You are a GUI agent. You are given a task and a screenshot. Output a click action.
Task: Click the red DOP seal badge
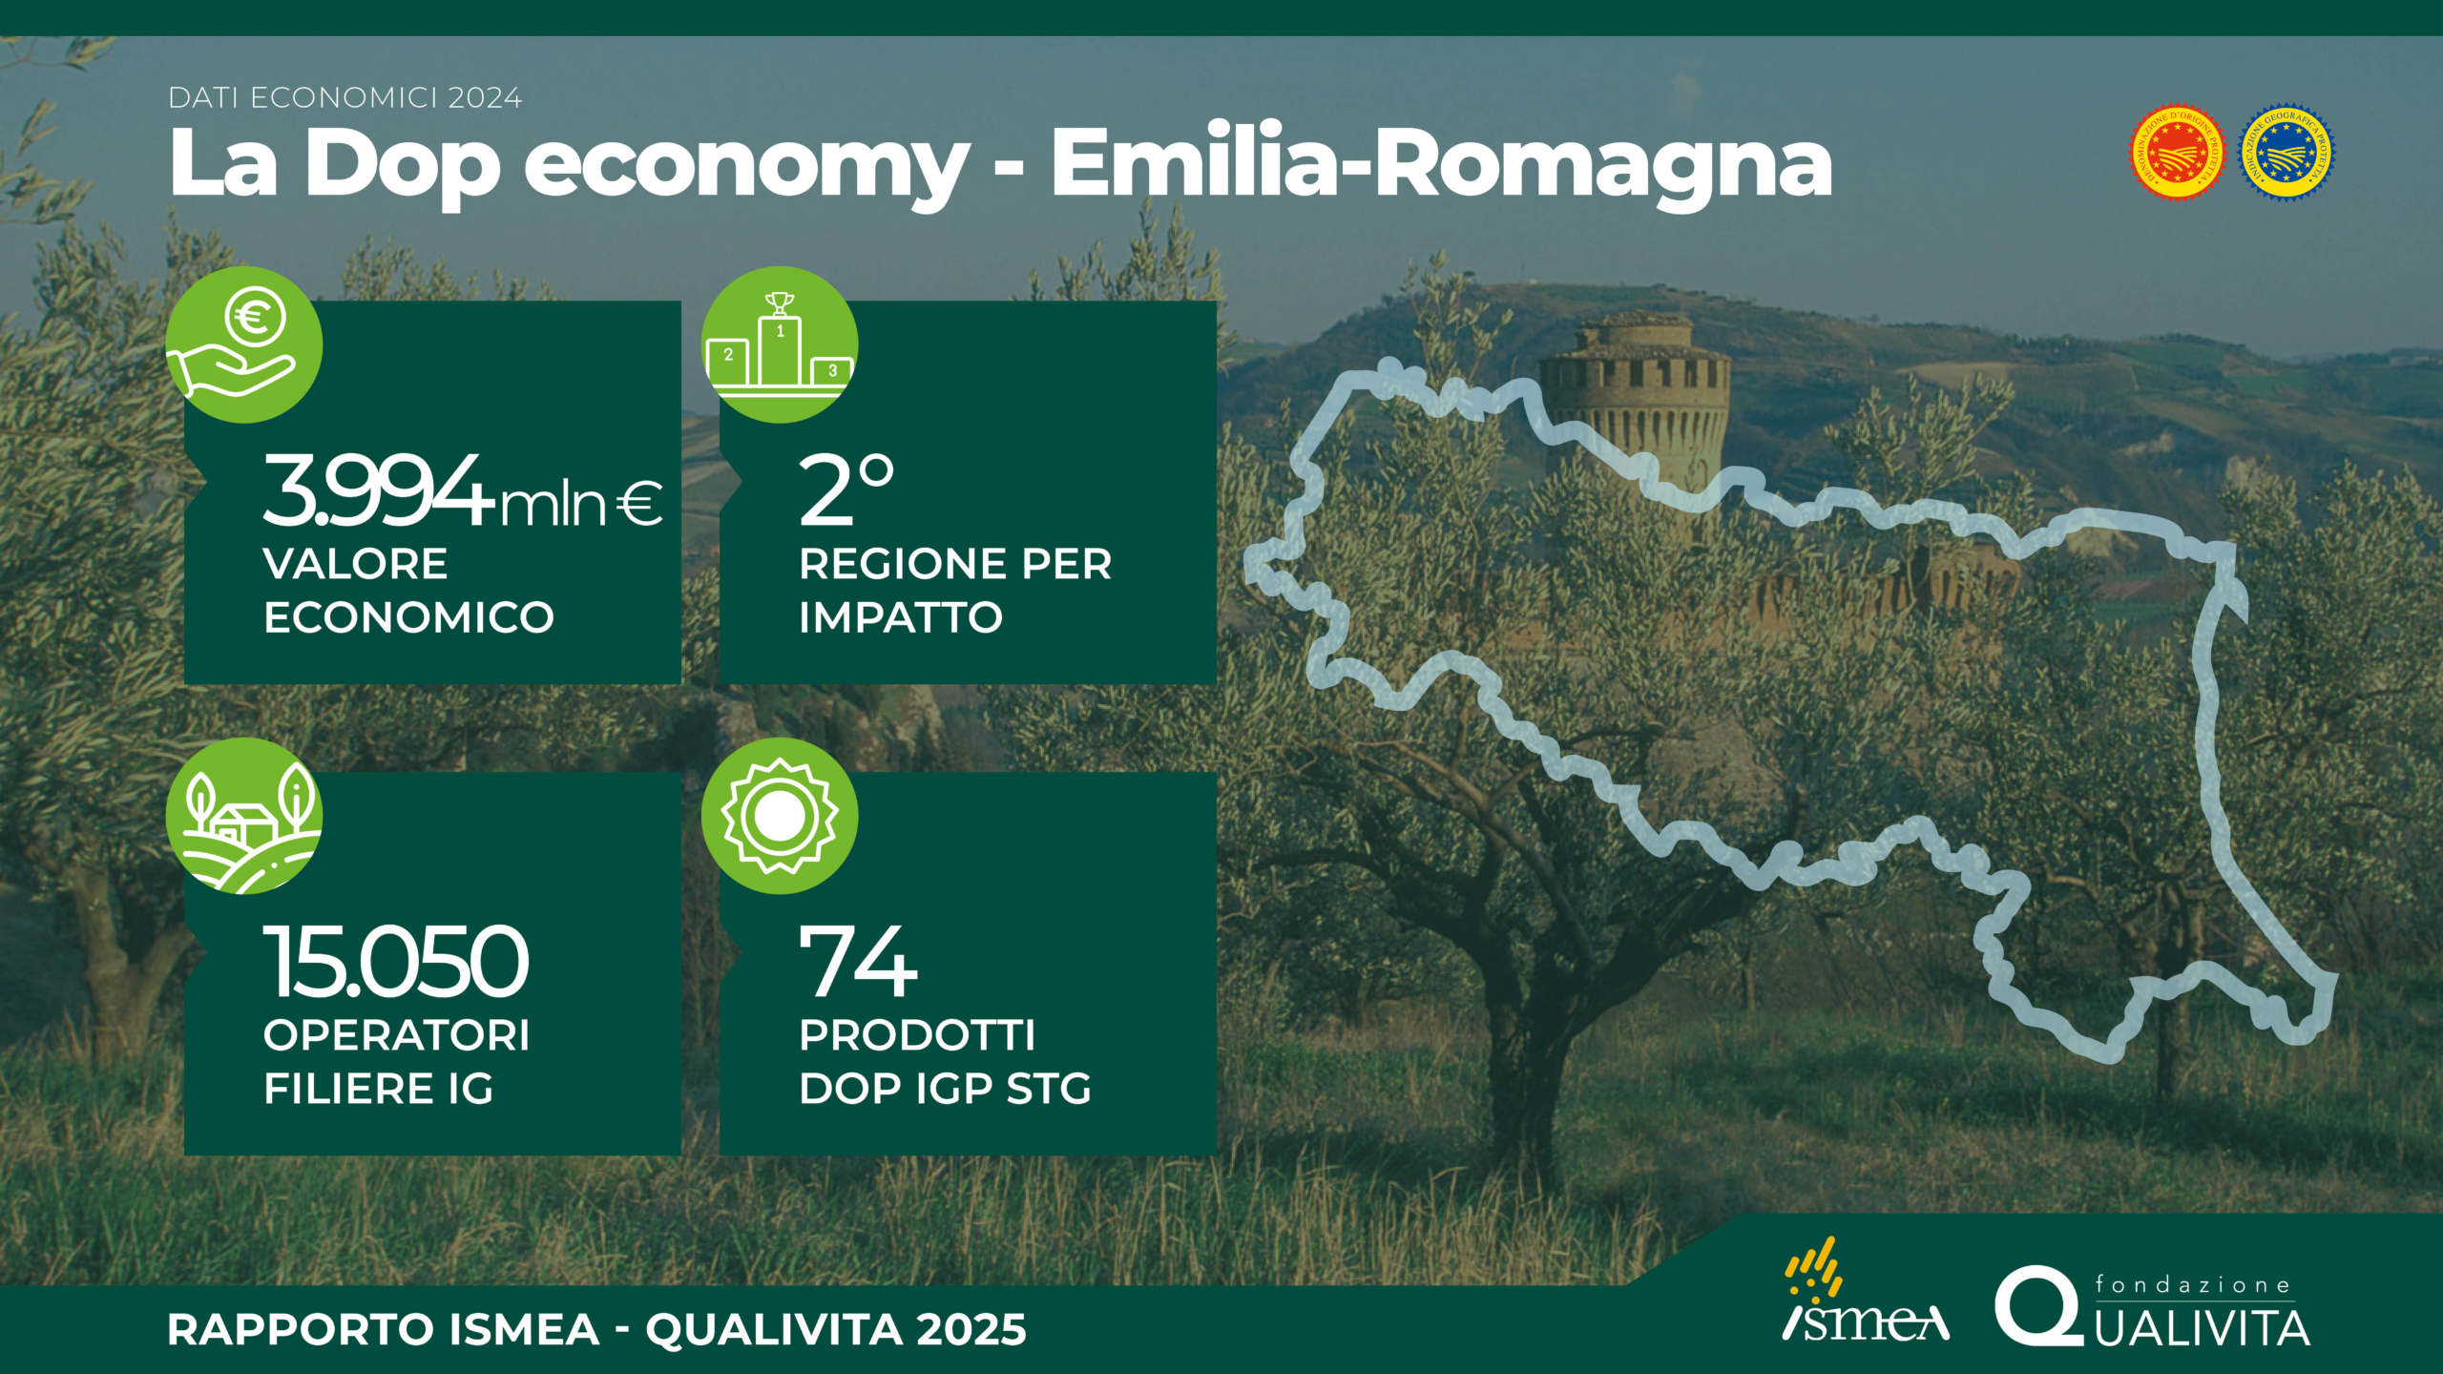2177,153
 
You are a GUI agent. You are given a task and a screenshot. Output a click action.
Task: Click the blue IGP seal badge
2286,153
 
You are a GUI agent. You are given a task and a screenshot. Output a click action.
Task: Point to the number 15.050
396,961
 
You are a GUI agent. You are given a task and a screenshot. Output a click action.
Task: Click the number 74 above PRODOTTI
858,961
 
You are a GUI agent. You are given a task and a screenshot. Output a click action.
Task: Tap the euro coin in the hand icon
255,317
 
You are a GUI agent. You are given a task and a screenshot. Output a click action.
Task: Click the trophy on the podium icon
780,303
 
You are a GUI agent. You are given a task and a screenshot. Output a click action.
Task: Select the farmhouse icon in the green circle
244,815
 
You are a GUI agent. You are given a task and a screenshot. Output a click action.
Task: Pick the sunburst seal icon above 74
780,816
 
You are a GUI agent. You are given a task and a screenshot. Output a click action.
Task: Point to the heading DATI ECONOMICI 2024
345,97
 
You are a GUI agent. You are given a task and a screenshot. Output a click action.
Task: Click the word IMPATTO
901,617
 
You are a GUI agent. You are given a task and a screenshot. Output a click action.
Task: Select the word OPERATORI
396,1035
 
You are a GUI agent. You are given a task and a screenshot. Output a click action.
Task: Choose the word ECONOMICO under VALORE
408,617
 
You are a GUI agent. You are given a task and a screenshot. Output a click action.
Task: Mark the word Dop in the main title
402,164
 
